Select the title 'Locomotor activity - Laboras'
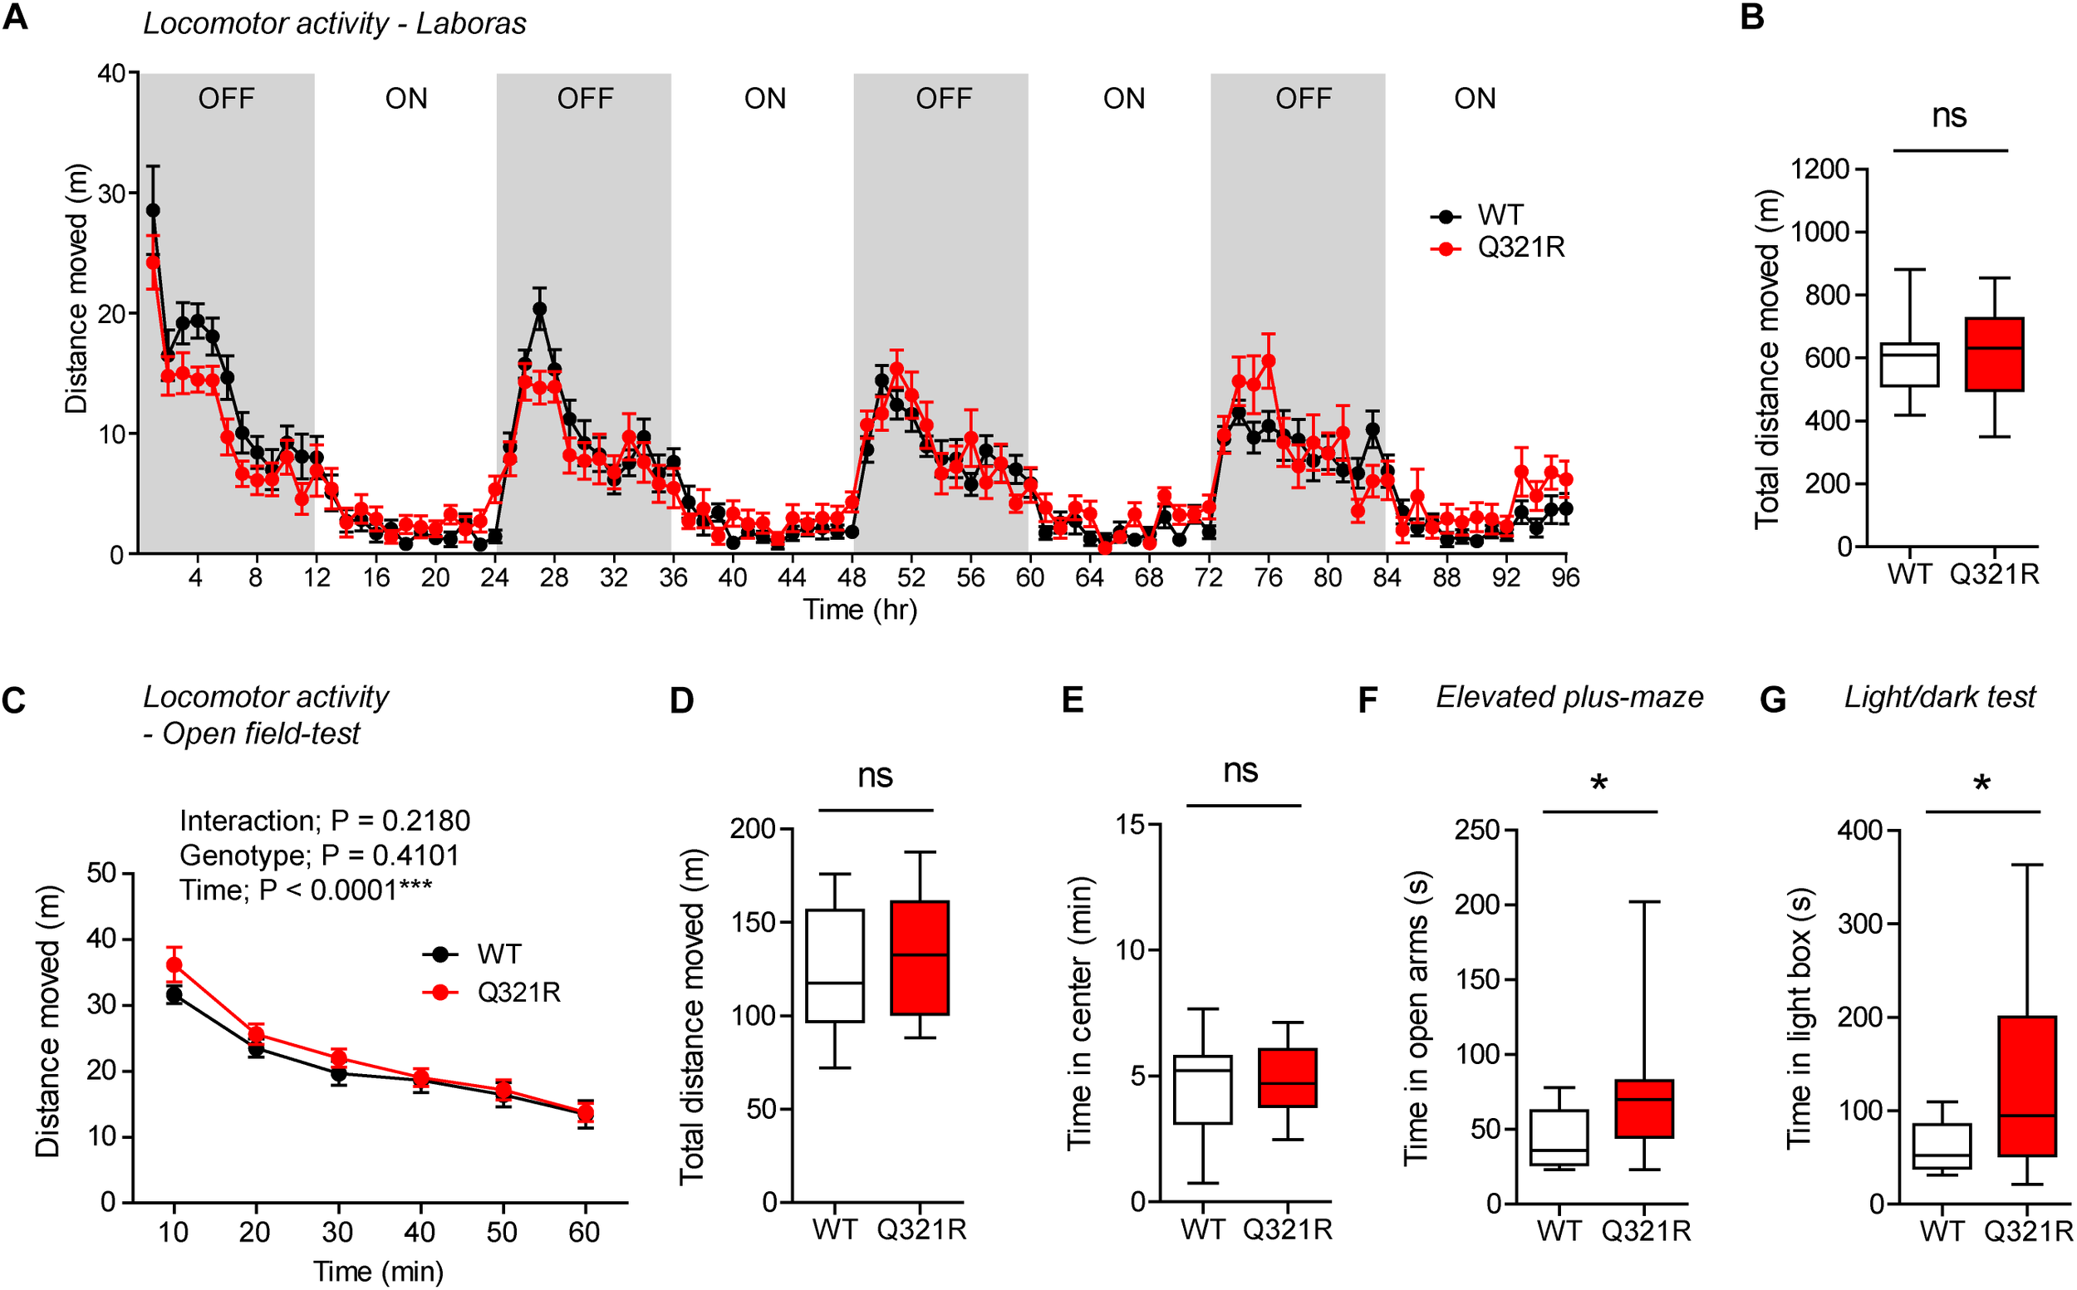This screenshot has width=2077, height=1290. pyautogui.click(x=335, y=23)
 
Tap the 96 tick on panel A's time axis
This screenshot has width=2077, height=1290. pyautogui.click(x=1565, y=578)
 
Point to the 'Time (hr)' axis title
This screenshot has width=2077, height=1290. pyautogui.click(x=859, y=610)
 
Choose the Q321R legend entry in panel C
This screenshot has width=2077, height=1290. pyautogui.click(x=518, y=993)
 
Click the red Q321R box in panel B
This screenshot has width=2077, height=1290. pyautogui.click(x=1994, y=354)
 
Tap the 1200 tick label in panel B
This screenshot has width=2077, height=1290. pyautogui.click(x=1820, y=169)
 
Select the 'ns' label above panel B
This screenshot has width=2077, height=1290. pyautogui.click(x=1950, y=116)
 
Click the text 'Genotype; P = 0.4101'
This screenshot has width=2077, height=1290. pyautogui.click(x=319, y=855)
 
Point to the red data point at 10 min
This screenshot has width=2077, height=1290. pyautogui.click(x=174, y=965)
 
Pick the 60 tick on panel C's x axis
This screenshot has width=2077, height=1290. pyautogui.click(x=585, y=1231)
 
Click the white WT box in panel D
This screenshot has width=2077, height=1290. pyautogui.click(x=835, y=965)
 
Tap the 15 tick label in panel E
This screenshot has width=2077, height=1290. pyautogui.click(x=1132, y=824)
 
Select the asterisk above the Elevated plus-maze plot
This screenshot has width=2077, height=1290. pyautogui.click(x=1599, y=783)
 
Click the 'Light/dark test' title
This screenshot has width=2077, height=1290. pyautogui.click(x=1940, y=697)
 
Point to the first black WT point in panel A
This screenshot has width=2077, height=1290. pyautogui.click(x=153, y=210)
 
